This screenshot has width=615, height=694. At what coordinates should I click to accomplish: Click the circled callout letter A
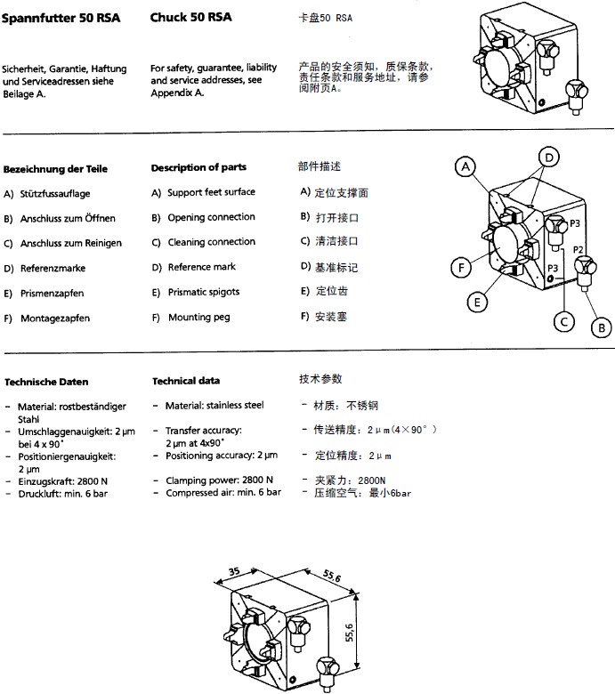pyautogui.click(x=465, y=165)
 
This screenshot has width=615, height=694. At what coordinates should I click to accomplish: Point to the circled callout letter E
pyautogui.click(x=479, y=303)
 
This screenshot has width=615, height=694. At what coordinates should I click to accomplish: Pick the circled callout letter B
pyautogui.click(x=602, y=327)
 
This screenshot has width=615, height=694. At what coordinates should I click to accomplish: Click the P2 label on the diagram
pyautogui.click(x=579, y=250)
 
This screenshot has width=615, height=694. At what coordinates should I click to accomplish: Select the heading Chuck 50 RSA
pyautogui.click(x=191, y=17)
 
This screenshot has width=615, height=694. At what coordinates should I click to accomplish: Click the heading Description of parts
pyautogui.click(x=198, y=167)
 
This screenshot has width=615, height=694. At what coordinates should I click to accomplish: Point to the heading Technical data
pyautogui.click(x=186, y=381)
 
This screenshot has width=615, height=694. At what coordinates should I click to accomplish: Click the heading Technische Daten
pyautogui.click(x=46, y=382)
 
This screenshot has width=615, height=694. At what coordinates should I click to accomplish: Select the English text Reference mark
pyautogui.click(x=202, y=267)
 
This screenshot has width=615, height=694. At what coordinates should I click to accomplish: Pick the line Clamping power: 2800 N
pyautogui.click(x=219, y=480)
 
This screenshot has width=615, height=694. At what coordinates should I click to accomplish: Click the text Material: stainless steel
pyautogui.click(x=214, y=405)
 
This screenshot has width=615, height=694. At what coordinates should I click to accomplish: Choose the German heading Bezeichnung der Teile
pyautogui.click(x=56, y=169)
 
